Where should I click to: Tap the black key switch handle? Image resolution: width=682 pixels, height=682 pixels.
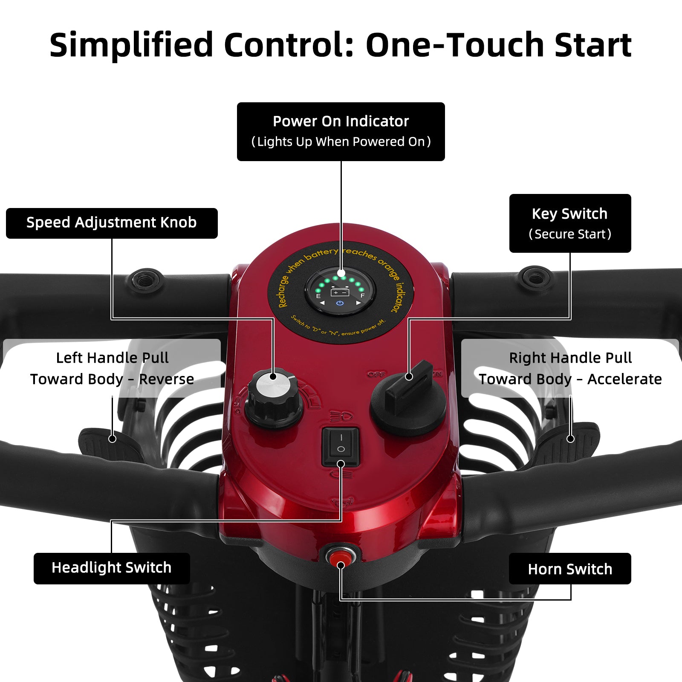tap(408, 386)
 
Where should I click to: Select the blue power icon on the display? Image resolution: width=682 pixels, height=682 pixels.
tap(340, 303)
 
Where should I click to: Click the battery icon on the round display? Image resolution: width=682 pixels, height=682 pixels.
tap(340, 292)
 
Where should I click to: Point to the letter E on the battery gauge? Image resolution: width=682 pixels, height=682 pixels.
tap(318, 296)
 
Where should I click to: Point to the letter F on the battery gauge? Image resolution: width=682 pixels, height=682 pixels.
tap(362, 295)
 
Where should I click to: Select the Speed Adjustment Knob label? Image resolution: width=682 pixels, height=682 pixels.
tap(112, 223)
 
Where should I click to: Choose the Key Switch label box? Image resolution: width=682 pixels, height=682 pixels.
tap(570, 223)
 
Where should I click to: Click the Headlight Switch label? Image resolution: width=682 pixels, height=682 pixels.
tap(112, 568)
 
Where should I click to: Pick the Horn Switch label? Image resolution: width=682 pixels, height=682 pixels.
tap(570, 569)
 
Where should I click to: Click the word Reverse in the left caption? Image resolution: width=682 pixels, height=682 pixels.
tap(166, 379)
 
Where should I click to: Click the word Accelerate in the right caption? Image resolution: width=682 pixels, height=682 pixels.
tap(624, 379)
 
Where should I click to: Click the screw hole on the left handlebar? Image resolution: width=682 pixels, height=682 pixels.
tap(147, 280)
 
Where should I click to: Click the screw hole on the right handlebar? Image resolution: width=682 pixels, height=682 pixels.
tap(535, 278)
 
